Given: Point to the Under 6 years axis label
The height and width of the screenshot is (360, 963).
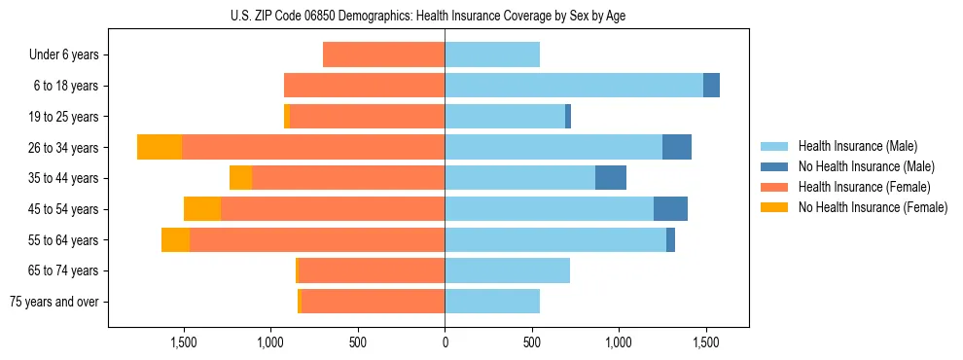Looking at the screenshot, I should (64, 54).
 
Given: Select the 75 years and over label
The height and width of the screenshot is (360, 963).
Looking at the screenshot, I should (53, 302).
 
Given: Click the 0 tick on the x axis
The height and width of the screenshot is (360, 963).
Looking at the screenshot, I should (445, 342).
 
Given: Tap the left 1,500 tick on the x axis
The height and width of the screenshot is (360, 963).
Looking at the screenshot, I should (184, 342).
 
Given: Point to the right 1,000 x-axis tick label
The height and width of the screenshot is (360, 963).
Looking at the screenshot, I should (619, 342).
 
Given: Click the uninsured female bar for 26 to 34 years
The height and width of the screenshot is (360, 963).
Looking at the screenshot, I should (160, 147).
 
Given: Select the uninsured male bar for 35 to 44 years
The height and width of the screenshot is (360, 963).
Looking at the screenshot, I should (611, 178).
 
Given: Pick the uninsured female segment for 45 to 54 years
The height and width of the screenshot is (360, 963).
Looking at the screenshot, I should (202, 209).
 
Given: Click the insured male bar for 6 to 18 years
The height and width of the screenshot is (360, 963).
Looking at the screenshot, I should (574, 86).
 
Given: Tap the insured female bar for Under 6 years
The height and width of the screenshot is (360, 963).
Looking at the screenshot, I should (383, 54).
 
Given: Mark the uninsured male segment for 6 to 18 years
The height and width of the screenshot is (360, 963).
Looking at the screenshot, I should (711, 86).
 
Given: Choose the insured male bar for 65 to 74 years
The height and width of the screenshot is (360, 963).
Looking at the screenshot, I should (507, 270).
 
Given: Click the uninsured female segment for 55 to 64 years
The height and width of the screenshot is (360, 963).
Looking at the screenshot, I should (175, 239).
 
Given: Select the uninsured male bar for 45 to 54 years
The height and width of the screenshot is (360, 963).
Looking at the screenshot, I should (670, 209).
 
